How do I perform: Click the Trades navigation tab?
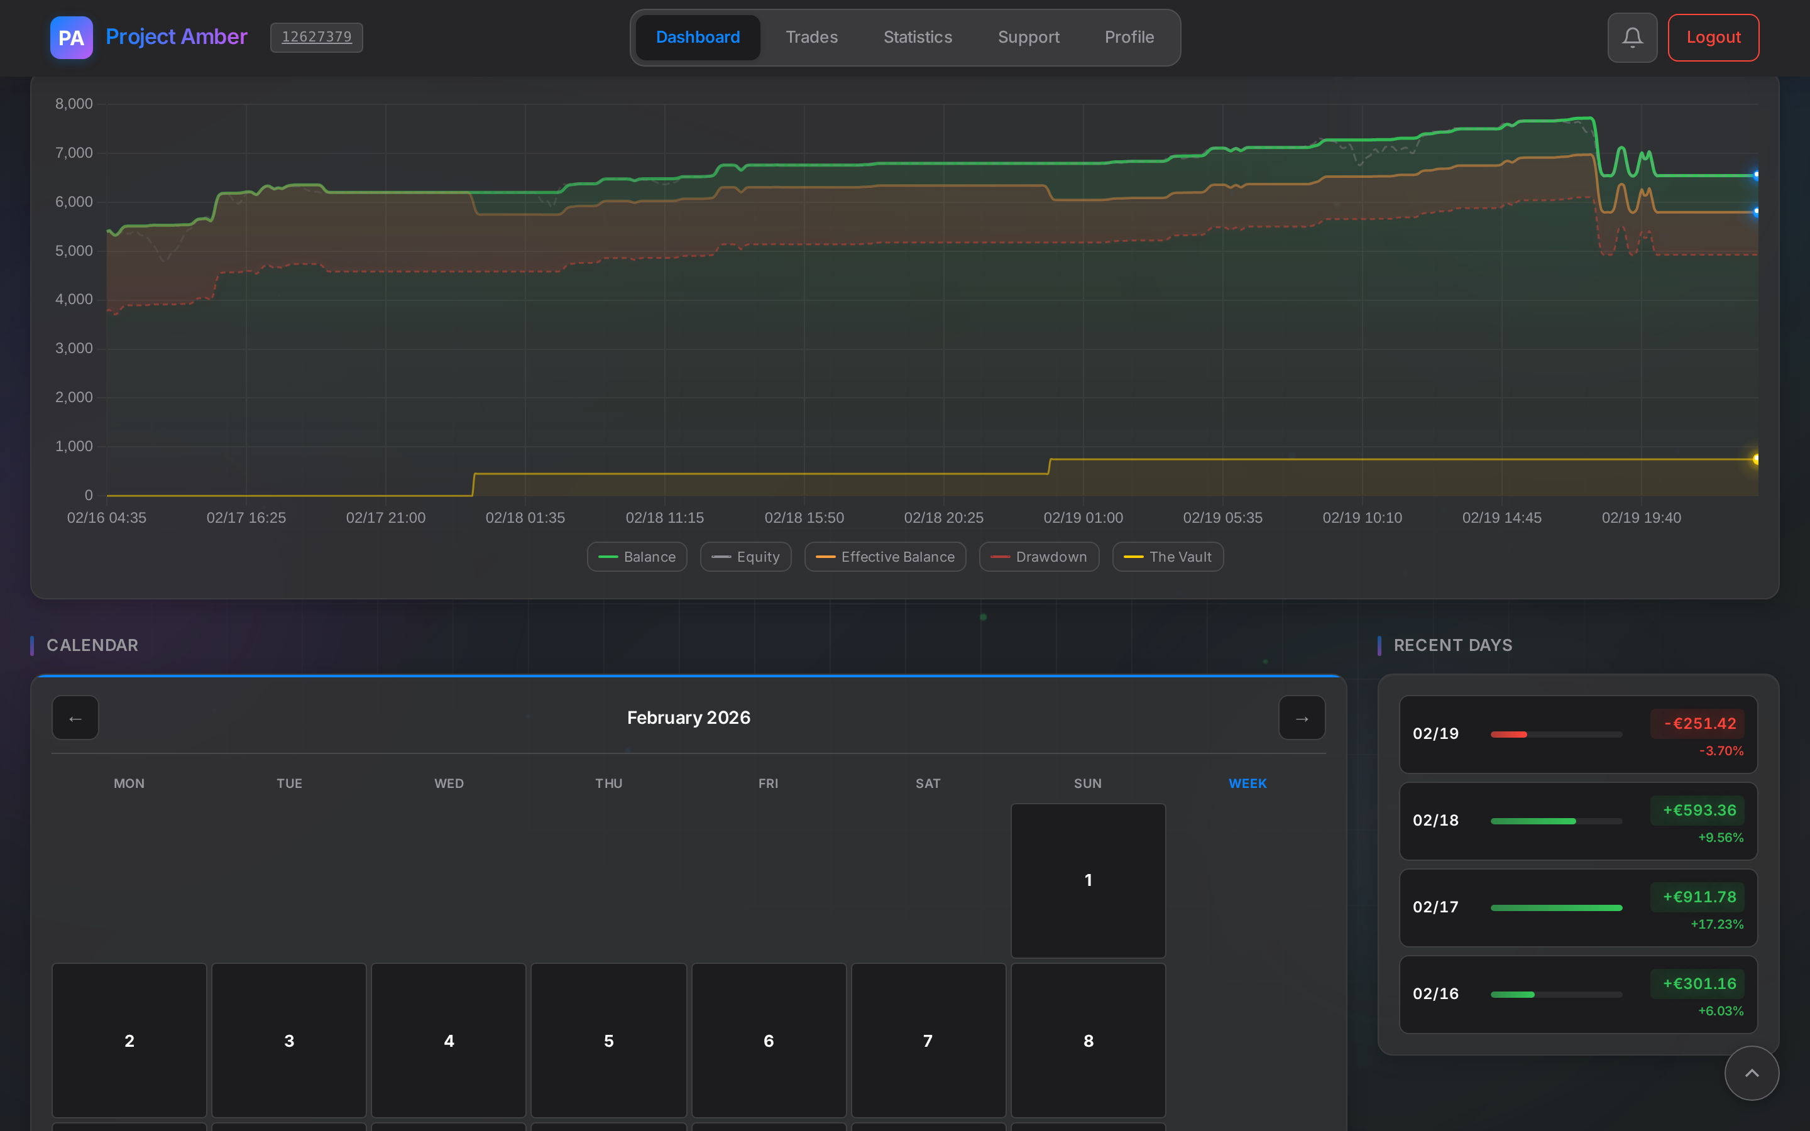(x=811, y=38)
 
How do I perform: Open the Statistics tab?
(x=918, y=38)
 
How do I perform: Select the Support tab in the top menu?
(x=1028, y=38)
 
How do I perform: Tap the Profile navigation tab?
(x=1129, y=38)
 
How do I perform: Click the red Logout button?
(x=1713, y=38)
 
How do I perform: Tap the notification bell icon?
(x=1632, y=38)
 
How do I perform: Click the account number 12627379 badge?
(x=316, y=38)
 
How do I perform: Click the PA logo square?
(x=71, y=38)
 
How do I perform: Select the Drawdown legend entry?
(x=1039, y=557)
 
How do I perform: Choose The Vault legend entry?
(x=1168, y=557)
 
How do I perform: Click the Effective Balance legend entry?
(x=885, y=557)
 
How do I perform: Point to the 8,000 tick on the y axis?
(x=74, y=104)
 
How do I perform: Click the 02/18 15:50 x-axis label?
(x=804, y=518)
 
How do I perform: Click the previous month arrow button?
(x=75, y=718)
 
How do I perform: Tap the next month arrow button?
(x=1302, y=718)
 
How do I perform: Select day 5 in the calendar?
(x=608, y=1041)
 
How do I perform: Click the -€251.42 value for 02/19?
(x=1699, y=723)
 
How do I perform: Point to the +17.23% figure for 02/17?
(x=1716, y=924)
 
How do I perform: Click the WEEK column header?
(x=1247, y=783)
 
